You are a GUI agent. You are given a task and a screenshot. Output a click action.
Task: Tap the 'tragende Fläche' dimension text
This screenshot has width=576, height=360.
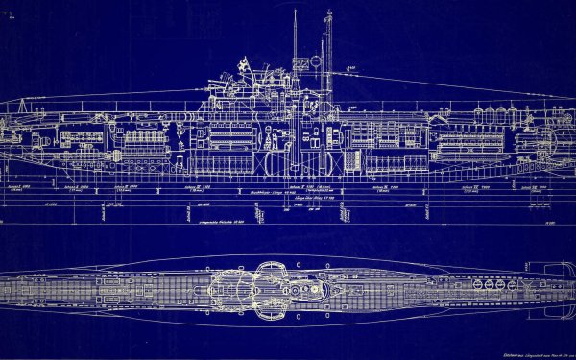pos(173,222)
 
